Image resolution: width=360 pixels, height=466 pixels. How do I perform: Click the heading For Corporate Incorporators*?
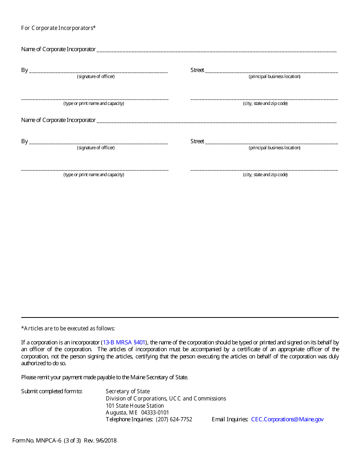pos(58,28)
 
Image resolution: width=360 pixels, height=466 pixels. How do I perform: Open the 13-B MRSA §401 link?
pos(124,342)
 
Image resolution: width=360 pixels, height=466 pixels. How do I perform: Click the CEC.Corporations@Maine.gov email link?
pos(287,419)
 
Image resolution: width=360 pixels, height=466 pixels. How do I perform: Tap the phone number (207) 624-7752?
pos(174,419)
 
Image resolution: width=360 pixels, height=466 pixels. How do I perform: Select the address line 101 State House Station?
pos(135,405)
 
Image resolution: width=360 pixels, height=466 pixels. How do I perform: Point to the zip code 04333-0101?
pos(155,413)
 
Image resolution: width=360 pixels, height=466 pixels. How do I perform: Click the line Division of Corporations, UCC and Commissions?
pos(166,399)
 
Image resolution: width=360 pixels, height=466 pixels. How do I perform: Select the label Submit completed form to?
pos(52,391)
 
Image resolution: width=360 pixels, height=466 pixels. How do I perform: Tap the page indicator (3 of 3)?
pos(72,441)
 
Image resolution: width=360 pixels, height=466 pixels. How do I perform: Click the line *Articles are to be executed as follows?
pos(68,328)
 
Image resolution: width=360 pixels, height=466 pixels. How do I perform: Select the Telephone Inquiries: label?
pos(129,419)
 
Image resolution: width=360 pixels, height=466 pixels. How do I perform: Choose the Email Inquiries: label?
pos(230,419)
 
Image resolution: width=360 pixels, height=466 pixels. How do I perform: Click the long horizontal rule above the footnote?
pos(180,317)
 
